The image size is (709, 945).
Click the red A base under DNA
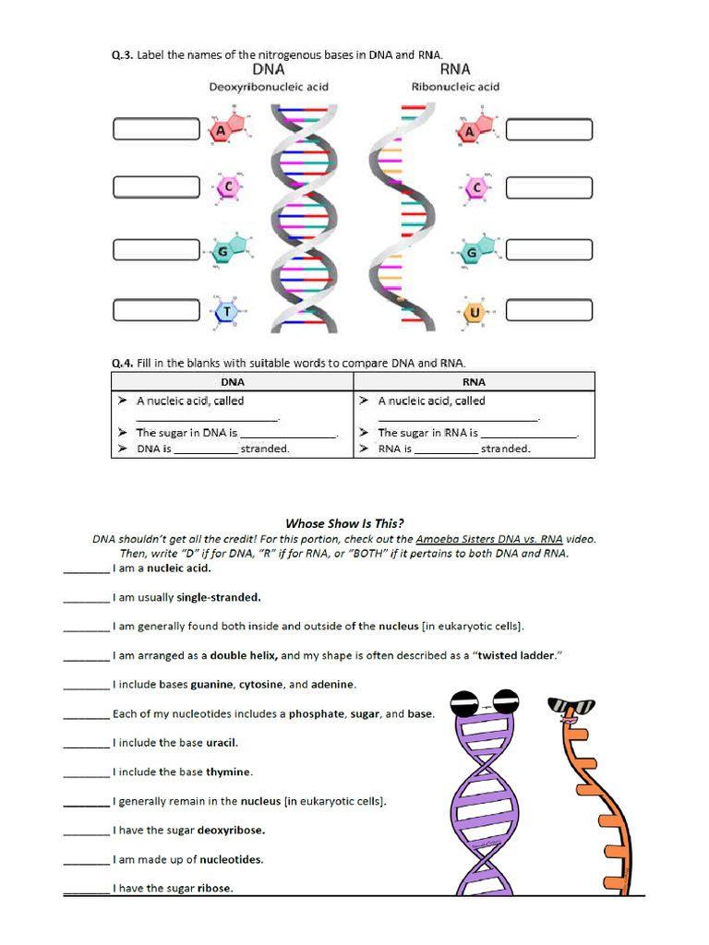coord(221,131)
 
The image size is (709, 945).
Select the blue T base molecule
coord(226,312)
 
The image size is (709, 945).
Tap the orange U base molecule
coord(475,312)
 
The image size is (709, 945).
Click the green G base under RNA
coord(471,252)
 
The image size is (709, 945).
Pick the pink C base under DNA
coord(226,188)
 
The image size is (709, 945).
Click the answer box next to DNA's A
coord(156,129)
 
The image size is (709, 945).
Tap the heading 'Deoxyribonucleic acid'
coord(269,87)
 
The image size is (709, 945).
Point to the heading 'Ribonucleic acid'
coord(455,87)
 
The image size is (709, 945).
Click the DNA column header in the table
coord(233,381)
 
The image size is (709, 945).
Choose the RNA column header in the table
coord(474,381)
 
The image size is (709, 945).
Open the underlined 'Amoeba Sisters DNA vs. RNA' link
coord(489,539)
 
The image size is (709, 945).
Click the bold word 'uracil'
coord(222,743)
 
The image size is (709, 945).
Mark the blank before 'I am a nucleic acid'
coord(86,569)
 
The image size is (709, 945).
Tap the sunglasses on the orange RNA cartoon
coord(571,708)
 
